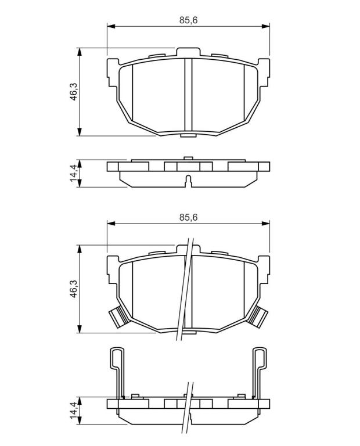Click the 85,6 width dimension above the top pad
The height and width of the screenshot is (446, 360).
188,20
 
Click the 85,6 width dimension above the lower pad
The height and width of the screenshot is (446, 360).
188,217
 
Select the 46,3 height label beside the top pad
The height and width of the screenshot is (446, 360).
74,92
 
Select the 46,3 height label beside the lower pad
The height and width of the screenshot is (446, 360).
74,289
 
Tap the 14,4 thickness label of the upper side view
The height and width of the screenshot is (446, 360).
74,173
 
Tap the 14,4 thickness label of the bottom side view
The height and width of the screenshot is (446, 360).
74,410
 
